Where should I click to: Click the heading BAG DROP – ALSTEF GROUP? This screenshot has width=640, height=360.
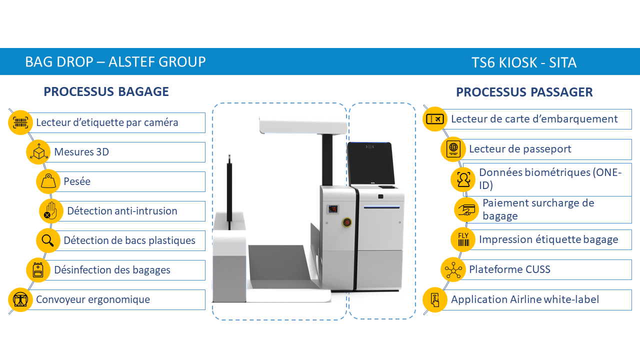pos(115,62)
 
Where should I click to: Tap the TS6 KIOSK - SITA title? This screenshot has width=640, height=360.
pos(524,62)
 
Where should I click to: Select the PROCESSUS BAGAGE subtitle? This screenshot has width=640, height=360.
pos(106,91)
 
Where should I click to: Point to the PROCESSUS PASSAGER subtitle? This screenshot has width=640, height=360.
pos(524,92)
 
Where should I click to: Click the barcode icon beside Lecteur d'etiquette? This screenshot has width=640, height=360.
pos(20,122)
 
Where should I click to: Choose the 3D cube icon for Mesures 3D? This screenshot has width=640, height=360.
pos(38,152)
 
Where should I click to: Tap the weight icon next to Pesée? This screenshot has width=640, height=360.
pos(48,181)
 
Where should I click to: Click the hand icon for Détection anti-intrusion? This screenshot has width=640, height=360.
pos(51,211)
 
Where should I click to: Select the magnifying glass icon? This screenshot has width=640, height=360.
pos(48,240)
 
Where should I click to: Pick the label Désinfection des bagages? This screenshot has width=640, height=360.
pos(112,270)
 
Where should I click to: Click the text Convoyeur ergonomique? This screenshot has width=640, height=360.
pos(93,299)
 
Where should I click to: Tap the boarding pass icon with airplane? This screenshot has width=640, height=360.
pos(434,119)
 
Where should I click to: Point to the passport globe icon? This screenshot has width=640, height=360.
pos(453,149)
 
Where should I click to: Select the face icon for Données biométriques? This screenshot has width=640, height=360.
pos(463,179)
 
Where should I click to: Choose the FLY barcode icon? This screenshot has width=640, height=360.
pos(463,239)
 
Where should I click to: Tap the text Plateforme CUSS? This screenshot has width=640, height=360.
pos(509,269)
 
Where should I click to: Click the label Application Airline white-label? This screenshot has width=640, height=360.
pos(525,299)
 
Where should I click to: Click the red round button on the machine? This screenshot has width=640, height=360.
pos(346,221)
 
